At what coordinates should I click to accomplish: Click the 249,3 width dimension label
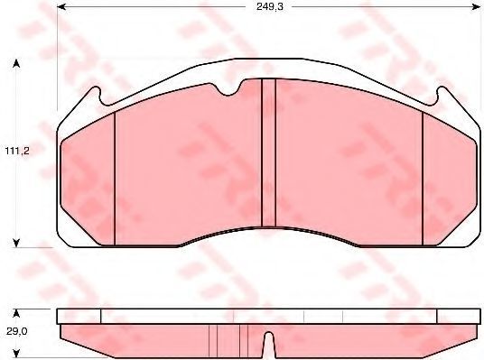click(269, 7)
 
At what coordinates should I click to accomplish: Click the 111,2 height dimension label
click(17, 151)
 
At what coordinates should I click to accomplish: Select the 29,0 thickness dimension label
click(16, 331)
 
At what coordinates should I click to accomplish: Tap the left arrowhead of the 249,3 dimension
click(61, 7)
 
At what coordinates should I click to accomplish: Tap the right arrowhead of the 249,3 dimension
click(476, 7)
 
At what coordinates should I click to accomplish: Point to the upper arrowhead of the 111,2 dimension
click(16, 63)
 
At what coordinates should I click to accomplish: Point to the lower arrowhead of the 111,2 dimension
click(16, 243)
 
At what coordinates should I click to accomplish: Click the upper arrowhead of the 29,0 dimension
click(16, 313)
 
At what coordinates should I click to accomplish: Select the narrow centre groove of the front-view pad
click(268, 153)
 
